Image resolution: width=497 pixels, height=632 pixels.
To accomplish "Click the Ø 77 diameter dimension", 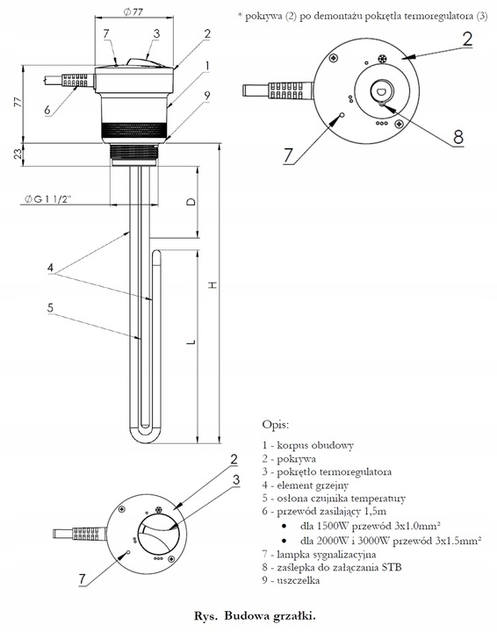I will point(135,12).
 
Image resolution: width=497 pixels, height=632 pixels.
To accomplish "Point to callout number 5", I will point(51,307).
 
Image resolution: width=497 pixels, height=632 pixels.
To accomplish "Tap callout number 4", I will point(51,267).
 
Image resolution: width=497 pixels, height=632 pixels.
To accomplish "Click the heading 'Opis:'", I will point(276,424).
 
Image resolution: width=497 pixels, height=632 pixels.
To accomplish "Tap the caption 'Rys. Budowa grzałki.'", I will point(248,617).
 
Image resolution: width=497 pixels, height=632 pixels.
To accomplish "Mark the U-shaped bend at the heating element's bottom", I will point(146,436).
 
